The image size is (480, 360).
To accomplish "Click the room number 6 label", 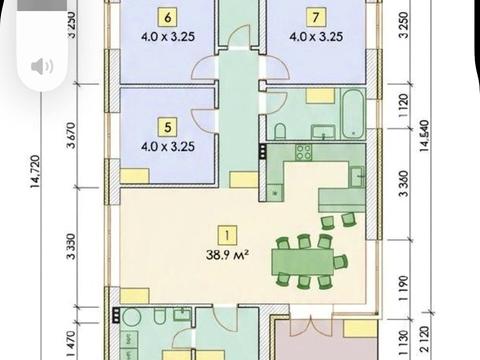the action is tap(168, 17).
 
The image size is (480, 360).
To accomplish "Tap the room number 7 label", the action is tap(315, 17).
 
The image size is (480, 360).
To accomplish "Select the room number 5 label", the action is tap(168, 127).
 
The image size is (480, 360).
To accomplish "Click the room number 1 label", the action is tap(227, 235).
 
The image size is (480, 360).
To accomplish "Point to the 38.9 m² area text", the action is tap(227, 255).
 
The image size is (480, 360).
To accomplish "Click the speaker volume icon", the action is tap(42, 66).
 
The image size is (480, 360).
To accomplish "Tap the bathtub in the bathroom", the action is tap(353, 114).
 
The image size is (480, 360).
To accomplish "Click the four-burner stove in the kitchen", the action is tap(304, 152).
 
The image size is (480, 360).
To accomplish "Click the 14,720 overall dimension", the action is tap(35, 171).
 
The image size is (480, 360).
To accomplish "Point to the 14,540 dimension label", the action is tap(424, 136).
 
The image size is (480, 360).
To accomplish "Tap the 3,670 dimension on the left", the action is tap(71, 135).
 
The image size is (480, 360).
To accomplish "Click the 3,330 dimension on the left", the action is tap(71, 246).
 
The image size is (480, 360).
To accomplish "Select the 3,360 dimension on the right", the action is tap(403, 184).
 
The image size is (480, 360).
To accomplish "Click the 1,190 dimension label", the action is tap(403, 288).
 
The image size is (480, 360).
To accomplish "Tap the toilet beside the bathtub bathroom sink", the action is tap(280, 131).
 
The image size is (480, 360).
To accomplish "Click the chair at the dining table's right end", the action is tap(341, 261).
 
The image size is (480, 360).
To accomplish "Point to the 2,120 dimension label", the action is tap(424, 339).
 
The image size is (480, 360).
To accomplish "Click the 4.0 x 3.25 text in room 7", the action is tap(316, 36).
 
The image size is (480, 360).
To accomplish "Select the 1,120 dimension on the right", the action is tap(403, 105).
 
